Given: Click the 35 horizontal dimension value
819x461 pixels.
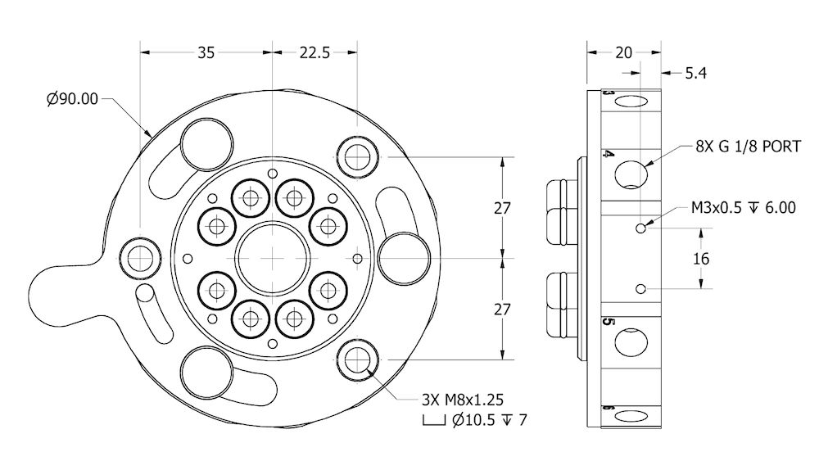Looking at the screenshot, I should (206, 52).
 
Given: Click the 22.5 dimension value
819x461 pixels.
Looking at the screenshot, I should (314, 52).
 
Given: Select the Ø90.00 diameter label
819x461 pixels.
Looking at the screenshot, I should (72, 99).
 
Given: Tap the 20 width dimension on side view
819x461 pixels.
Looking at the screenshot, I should (623, 52).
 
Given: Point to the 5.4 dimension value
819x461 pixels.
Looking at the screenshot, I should (695, 74).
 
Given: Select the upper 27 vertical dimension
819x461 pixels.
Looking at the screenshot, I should (502, 208).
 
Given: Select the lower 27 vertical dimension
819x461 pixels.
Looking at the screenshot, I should (502, 309).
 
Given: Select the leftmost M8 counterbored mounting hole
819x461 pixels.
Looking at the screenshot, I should (140, 257).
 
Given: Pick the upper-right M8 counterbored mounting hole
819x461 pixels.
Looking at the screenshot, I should (358, 156).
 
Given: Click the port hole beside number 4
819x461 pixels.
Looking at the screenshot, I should (631, 174).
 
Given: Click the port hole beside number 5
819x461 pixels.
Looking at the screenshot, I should (631, 342).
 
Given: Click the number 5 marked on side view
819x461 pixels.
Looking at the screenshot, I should (608, 322).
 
